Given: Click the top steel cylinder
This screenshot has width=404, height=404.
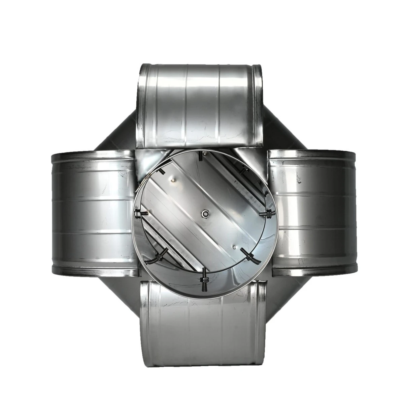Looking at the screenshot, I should point(200,104).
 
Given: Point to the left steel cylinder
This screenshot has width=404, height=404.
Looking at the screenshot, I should point(93,212).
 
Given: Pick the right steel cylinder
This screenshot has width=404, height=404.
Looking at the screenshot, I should point(311,212).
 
